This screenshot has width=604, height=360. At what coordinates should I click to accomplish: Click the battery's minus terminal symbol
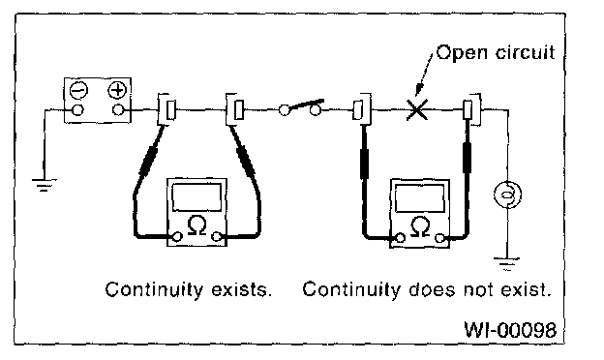point(79,90)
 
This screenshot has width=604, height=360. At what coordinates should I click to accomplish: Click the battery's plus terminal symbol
point(117,90)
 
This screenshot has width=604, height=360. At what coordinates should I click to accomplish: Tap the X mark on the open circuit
point(417,109)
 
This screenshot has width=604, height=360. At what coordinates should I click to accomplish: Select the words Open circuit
point(497,53)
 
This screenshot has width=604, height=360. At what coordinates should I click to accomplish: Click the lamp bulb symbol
point(508,195)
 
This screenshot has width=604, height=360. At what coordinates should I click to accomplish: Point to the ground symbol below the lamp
point(507,264)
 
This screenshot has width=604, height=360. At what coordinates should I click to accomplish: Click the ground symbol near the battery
point(45,185)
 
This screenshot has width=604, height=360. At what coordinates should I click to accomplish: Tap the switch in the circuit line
point(300,108)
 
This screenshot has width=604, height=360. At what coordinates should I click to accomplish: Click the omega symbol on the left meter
point(196,225)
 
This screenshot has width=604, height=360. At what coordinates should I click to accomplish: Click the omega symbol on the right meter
point(420,226)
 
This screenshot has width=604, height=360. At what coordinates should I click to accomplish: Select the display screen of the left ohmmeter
point(196,197)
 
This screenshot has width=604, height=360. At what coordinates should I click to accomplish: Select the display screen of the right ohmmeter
point(420,198)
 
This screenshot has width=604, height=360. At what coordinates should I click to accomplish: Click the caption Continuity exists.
point(189,289)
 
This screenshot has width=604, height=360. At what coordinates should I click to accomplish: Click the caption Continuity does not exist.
point(426,289)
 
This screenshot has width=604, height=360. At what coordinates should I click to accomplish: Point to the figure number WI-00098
point(510,329)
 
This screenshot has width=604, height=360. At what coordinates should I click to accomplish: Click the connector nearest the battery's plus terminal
point(167,109)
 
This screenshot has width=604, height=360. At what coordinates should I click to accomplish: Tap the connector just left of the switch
point(236,109)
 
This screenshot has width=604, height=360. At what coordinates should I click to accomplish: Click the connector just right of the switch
point(362,109)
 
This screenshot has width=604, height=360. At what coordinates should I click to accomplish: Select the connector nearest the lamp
point(471,109)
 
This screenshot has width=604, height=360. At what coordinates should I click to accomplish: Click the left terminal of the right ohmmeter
point(401,238)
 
